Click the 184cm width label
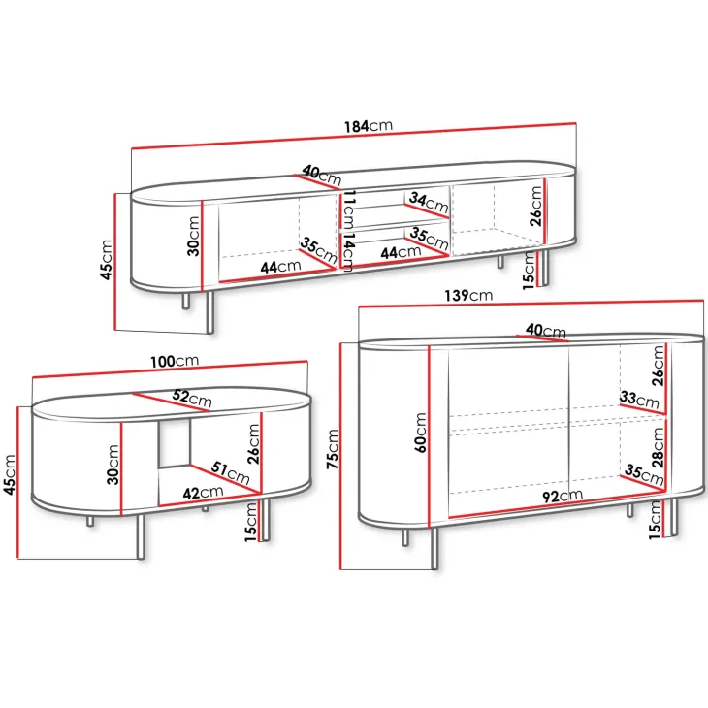(369, 126)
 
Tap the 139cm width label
(468, 295)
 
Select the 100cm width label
(175, 361)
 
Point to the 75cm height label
(333, 448)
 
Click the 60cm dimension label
(420, 433)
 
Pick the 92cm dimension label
(563, 496)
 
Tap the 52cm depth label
(192, 398)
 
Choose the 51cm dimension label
(230, 472)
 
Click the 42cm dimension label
(203, 492)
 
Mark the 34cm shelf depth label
(429, 203)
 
